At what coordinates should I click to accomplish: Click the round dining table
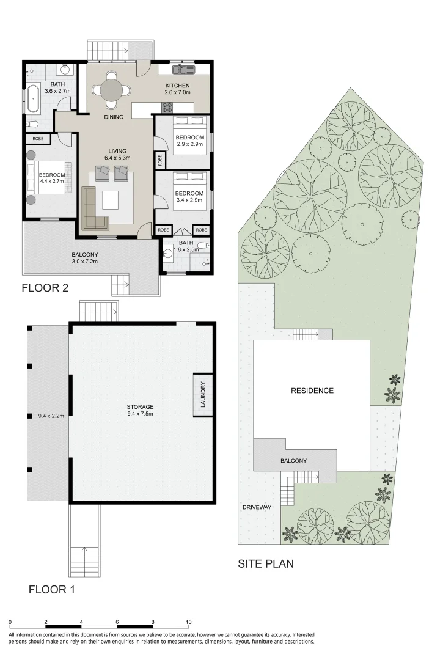click(112, 89)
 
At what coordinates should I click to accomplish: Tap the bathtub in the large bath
click(34, 98)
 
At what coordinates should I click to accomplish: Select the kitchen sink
click(183, 68)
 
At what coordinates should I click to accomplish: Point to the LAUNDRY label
click(202, 394)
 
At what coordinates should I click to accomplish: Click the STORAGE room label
click(140, 406)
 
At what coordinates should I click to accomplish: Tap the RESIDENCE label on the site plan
click(312, 391)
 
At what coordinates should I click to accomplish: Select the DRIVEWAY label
click(257, 507)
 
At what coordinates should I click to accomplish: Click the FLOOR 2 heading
click(45, 288)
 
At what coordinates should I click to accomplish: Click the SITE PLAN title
click(266, 563)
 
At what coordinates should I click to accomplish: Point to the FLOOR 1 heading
click(52, 590)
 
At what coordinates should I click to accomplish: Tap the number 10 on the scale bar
click(189, 622)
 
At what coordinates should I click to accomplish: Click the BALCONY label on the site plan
click(293, 461)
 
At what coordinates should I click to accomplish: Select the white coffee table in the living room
click(111, 200)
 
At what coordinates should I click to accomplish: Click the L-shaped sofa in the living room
click(94, 209)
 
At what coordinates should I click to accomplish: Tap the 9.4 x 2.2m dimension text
click(51, 416)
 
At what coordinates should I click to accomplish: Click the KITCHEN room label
click(177, 86)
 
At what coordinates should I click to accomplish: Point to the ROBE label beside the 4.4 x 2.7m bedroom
click(38, 138)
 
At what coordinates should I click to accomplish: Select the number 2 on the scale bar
click(45, 622)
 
